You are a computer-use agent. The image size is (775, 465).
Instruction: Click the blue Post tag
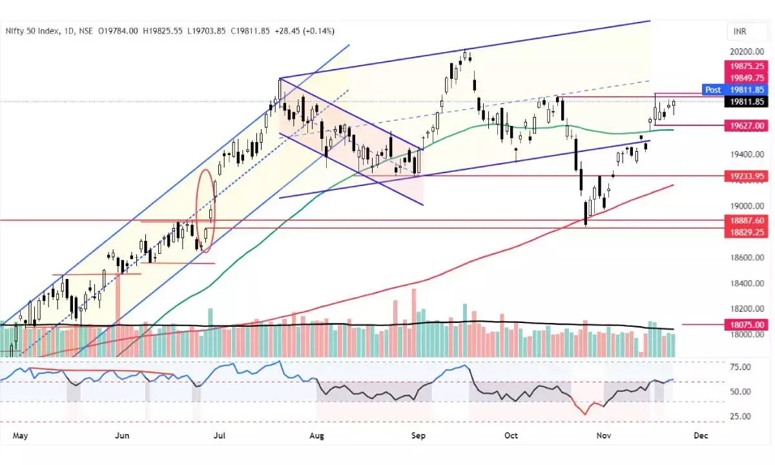[x=713, y=90]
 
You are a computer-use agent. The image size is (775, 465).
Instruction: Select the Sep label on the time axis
[x=418, y=435]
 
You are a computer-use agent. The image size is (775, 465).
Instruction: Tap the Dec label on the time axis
[x=701, y=435]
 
